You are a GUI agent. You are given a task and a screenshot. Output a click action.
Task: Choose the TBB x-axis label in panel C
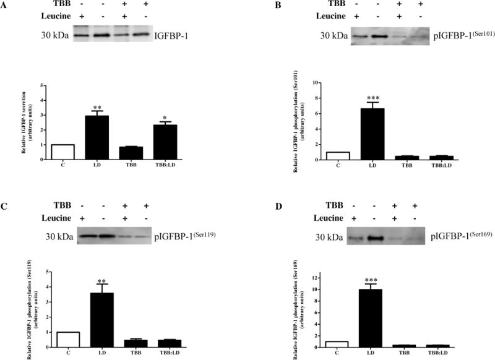coord(148,354)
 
